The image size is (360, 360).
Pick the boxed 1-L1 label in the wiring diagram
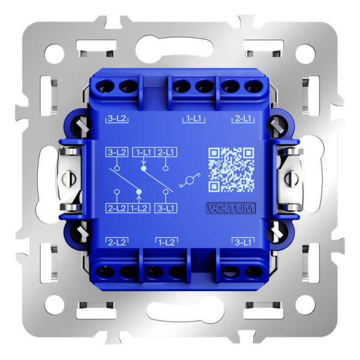[x=143, y=152]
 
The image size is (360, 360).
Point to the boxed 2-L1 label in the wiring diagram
[x=167, y=152]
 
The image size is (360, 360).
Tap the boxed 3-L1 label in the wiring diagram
[x=165, y=208]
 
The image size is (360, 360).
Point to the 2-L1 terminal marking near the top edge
[x=242, y=119]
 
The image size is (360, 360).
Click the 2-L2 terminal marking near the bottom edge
[x=117, y=242]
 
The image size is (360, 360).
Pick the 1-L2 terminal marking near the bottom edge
[x=166, y=242]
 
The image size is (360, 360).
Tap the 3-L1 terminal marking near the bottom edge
[x=243, y=242]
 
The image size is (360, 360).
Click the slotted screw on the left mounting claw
[x=68, y=178]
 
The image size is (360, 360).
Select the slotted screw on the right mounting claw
[x=292, y=178]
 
